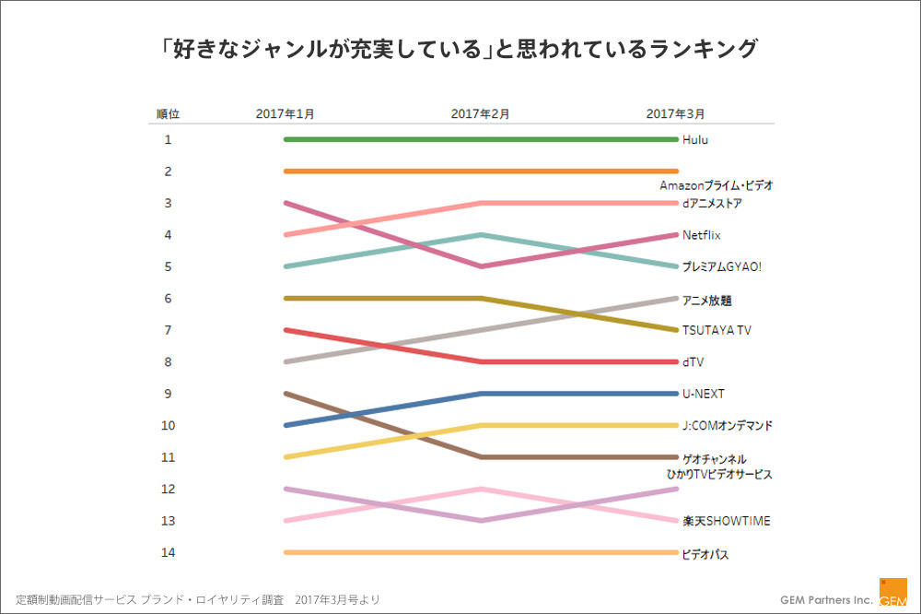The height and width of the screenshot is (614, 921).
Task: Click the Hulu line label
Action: [x=695, y=140]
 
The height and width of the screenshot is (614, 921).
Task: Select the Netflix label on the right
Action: [x=702, y=235]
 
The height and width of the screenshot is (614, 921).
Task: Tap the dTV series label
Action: [x=693, y=362]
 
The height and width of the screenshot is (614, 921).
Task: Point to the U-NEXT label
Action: [x=704, y=394]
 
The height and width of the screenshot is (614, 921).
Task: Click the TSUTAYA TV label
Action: [x=717, y=330]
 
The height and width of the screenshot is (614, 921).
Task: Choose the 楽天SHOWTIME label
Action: [x=727, y=521]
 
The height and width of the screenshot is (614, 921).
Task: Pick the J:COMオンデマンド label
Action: [x=728, y=426]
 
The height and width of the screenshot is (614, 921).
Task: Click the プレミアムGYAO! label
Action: [x=722, y=267]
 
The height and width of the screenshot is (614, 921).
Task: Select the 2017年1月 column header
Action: [x=286, y=114]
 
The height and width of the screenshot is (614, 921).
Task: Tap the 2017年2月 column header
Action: [x=481, y=114]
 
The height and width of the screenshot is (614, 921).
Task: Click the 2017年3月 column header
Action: [x=676, y=114]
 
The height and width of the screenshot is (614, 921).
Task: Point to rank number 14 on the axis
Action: [x=168, y=552]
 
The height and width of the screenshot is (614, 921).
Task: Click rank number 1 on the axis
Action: [x=168, y=140]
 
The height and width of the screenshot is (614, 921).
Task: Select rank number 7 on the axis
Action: [x=168, y=330]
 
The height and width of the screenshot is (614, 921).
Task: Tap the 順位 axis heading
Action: [x=168, y=114]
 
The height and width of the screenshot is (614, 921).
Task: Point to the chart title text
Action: [x=460, y=48]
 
